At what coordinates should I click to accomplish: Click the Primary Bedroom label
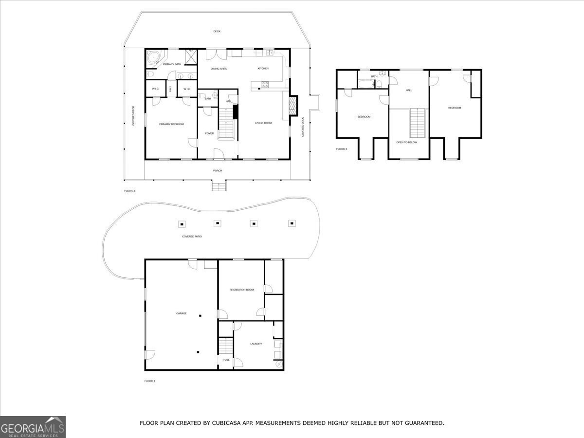point(171,124)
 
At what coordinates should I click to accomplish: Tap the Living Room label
point(263,123)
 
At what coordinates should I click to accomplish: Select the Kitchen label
point(263,69)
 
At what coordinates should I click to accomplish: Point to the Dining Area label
point(219,69)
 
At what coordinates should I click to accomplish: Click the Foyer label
point(209,133)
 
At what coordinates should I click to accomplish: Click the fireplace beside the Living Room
point(293,106)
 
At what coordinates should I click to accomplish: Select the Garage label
point(181,313)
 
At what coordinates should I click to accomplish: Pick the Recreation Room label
point(242,290)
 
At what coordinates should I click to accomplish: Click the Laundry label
point(256,344)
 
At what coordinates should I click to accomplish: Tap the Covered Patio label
point(192,237)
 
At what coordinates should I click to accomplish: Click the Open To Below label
point(407,143)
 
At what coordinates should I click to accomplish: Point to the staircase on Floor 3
point(418,124)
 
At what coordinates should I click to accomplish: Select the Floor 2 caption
point(129,191)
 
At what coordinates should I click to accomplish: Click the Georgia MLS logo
point(33,427)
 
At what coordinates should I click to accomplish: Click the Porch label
point(218,171)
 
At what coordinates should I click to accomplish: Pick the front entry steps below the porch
point(219,186)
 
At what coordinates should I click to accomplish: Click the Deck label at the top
point(217,32)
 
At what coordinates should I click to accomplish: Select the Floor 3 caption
point(341,149)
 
